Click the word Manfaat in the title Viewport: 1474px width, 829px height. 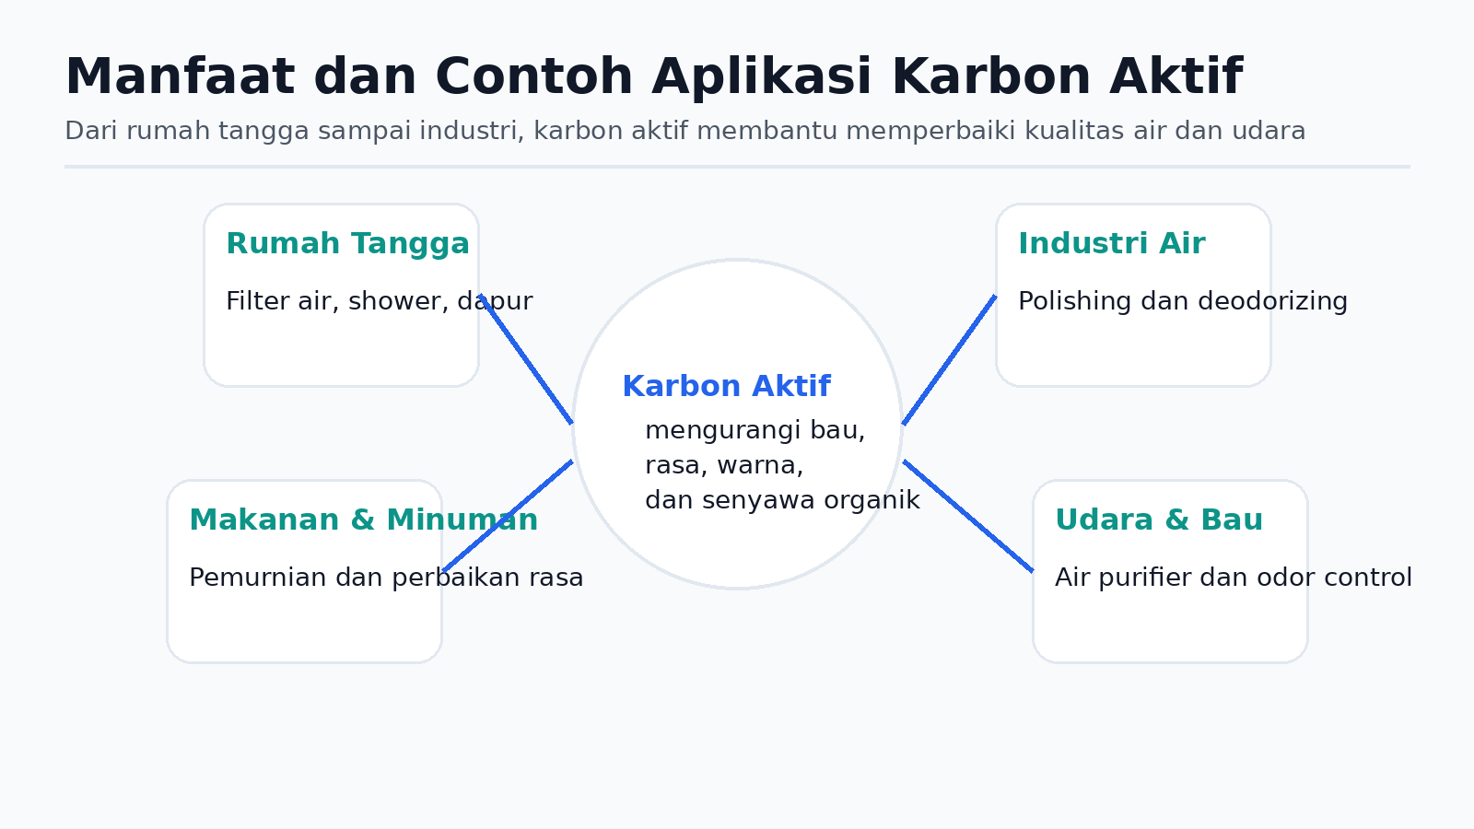tap(180, 77)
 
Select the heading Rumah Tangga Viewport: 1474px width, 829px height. tap(347, 244)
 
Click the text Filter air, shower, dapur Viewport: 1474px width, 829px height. tap(379, 301)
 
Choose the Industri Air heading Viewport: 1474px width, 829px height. tap(1112, 243)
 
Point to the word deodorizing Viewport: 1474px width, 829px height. tap(1272, 301)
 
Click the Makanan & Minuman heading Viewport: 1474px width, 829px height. tap(363, 520)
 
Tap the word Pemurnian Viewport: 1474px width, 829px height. tap(258, 578)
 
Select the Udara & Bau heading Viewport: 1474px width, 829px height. tap(1159, 520)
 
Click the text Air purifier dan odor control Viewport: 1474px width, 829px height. tap(1234, 578)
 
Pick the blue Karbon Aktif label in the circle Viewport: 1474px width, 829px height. tap(727, 386)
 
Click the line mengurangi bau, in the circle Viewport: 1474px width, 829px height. tap(755, 430)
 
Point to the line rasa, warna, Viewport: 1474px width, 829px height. tap(724, 465)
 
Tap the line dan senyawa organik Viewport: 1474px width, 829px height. tap(782, 500)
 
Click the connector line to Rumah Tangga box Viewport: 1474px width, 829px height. tap(526, 359)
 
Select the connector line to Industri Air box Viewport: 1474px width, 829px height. tap(949, 360)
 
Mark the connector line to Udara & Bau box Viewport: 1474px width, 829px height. tap(968, 516)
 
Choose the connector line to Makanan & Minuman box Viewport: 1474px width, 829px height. tap(508, 516)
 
